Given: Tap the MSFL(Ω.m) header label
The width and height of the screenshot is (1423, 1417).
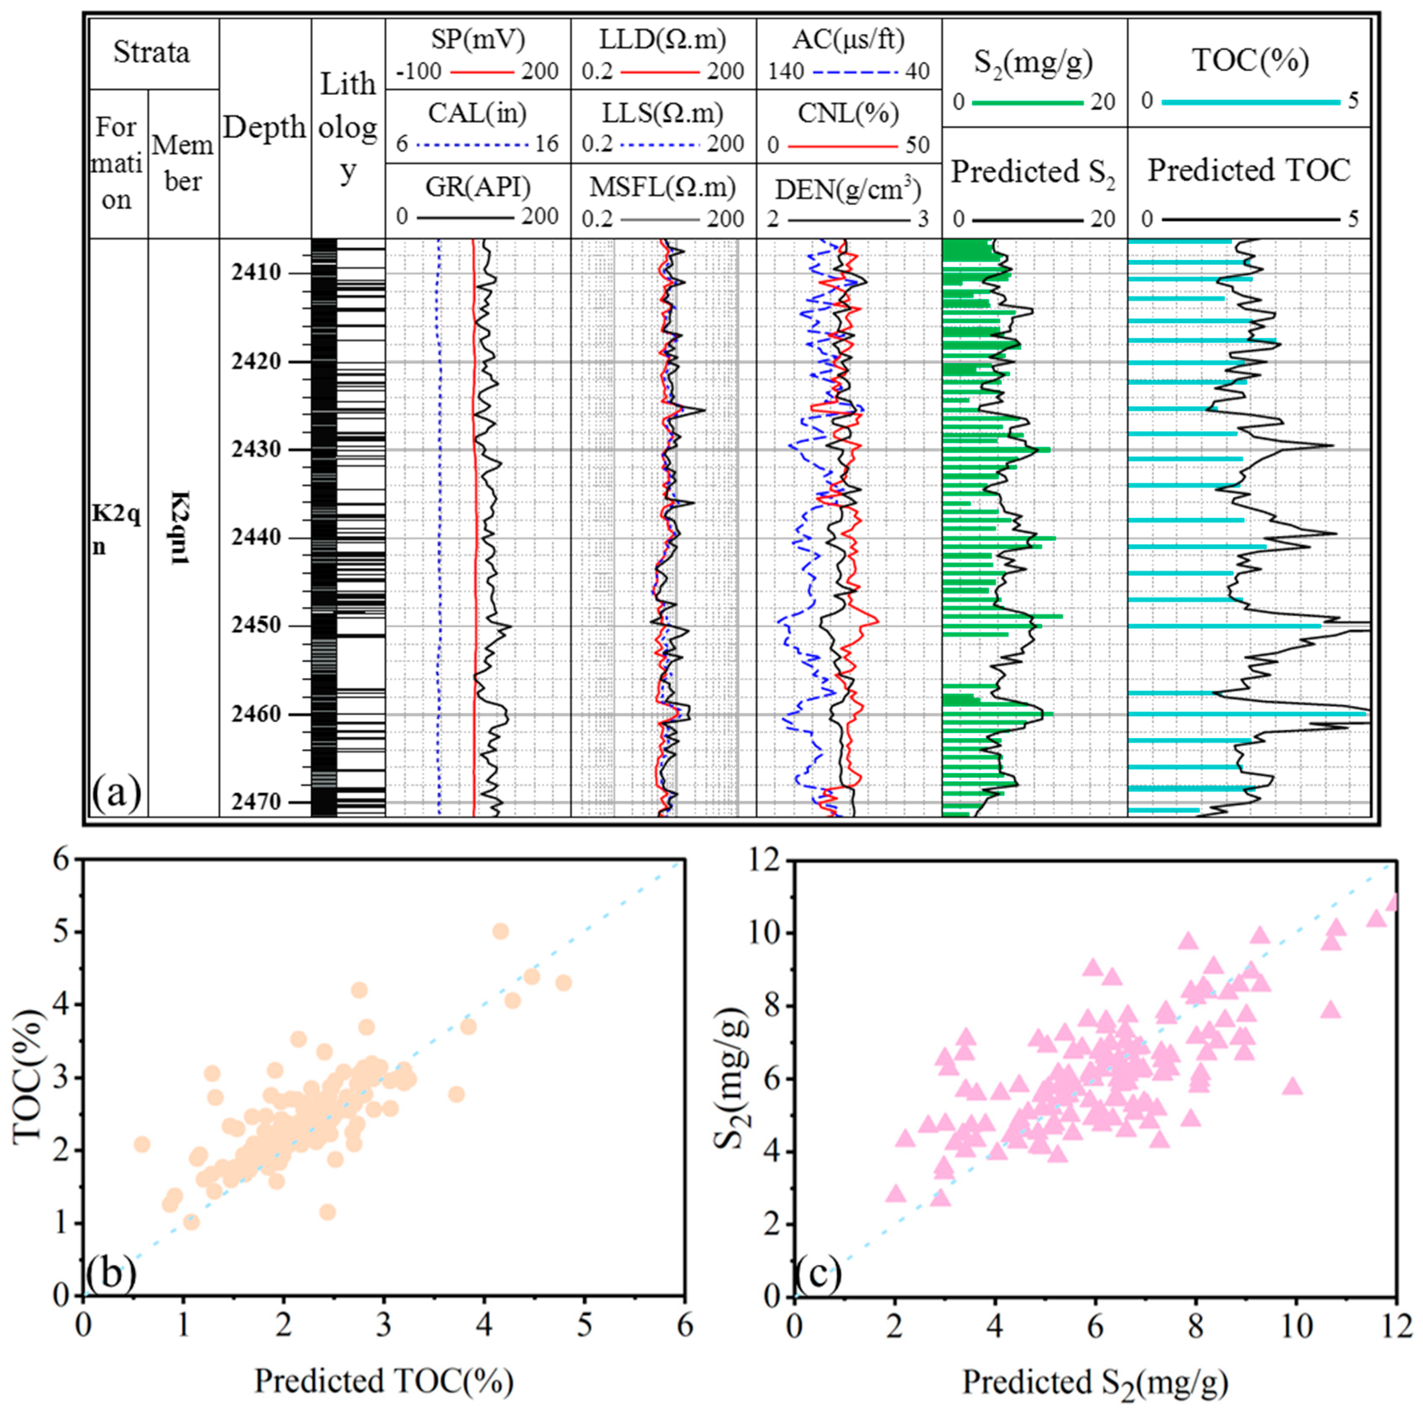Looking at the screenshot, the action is pos(663,187).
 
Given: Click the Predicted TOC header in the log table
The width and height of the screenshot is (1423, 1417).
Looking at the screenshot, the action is pos(1249,171).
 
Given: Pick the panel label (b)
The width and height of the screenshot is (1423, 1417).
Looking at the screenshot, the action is pos(111,1274).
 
